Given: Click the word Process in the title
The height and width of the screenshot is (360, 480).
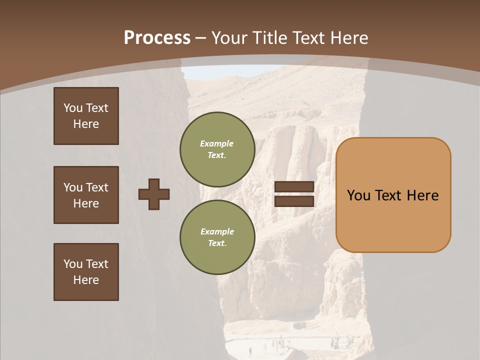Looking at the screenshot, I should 157,38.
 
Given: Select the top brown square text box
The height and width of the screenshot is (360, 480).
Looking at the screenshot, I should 86,116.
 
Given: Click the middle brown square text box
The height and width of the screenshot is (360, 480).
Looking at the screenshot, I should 86,195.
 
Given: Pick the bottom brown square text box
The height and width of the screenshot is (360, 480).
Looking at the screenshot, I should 86,272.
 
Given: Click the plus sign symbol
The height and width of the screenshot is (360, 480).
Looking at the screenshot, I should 154,194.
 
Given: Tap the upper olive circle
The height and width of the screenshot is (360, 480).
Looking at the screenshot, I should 217,149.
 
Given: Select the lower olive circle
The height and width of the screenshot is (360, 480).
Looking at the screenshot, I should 217,237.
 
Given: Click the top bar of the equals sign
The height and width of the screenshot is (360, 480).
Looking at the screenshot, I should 294,187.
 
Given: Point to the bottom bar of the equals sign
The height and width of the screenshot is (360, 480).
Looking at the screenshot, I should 294,201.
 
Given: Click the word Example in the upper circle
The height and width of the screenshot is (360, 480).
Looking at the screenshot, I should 216,143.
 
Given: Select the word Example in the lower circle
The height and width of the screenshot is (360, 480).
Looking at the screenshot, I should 217,231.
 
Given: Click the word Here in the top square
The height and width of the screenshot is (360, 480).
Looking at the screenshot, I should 86,124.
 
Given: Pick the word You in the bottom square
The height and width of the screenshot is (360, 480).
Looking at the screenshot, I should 73,264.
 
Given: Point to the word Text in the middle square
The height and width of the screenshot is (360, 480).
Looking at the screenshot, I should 97,187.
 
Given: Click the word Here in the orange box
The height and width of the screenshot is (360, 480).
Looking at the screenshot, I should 422,195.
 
